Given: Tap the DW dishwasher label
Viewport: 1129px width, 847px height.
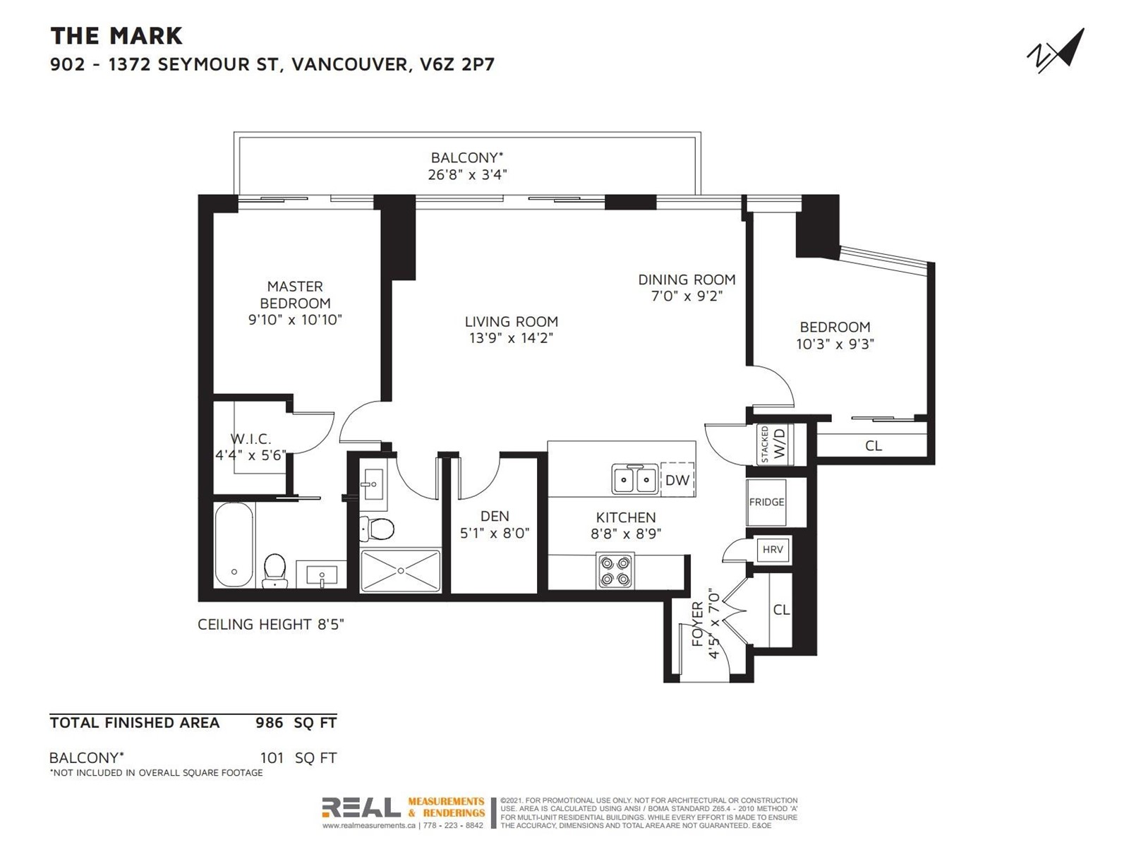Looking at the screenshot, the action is coord(677,480).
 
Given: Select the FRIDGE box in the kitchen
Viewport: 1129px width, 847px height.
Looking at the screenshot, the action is coord(766,502).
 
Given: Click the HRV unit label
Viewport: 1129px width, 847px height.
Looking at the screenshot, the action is coord(773,549).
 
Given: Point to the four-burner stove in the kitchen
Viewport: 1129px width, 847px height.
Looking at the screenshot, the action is coord(615,571).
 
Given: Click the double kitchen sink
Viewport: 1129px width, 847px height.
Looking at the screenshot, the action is coord(634,479).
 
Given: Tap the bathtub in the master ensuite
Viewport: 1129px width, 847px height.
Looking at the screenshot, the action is coord(234,545).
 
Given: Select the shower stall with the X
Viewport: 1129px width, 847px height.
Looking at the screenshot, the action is coord(401,570).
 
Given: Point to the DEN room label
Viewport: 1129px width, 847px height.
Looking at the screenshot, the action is coord(495,516).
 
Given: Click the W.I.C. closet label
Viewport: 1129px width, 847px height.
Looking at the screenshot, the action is coord(250,438).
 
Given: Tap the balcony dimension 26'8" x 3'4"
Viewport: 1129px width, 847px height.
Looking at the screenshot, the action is coord(468,175).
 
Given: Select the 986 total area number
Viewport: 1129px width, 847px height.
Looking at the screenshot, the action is coord(270,723).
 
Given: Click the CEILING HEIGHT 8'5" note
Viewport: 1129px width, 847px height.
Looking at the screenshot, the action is coord(270,625).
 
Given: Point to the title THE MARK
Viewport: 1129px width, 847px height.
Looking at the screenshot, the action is coord(116,36).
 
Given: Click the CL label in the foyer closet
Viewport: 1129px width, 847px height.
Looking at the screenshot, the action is coord(781,609).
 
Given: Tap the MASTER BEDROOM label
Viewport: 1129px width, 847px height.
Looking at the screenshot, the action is coord(295,294).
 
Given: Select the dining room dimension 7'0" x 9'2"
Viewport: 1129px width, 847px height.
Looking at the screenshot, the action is coord(687,296).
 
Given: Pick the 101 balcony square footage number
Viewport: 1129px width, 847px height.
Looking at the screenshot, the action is coord(272,757).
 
